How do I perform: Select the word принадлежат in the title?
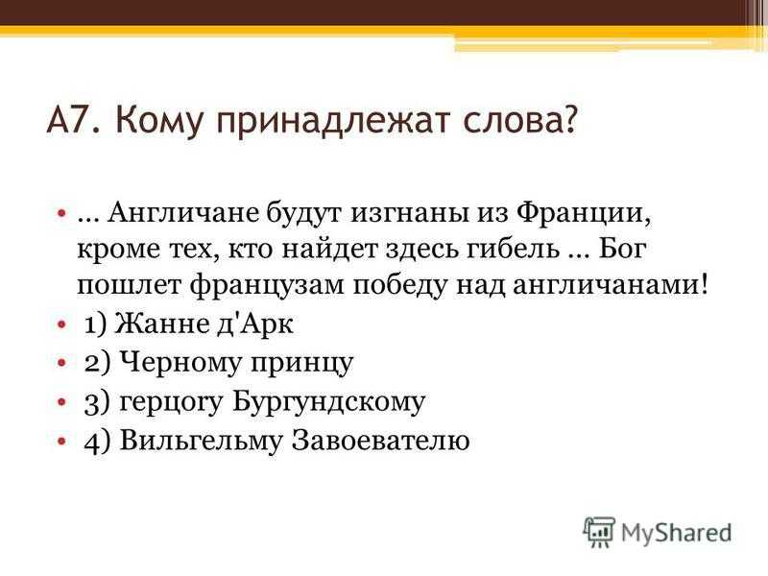tap(332, 123)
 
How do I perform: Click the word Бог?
tap(621, 250)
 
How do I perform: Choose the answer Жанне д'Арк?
tap(204, 324)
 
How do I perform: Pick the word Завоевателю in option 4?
tap(380, 441)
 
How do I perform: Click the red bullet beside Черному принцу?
tap(61, 364)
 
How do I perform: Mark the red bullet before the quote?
tap(61, 213)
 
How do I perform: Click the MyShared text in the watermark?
tap(677, 534)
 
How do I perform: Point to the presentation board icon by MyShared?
tap(599, 532)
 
